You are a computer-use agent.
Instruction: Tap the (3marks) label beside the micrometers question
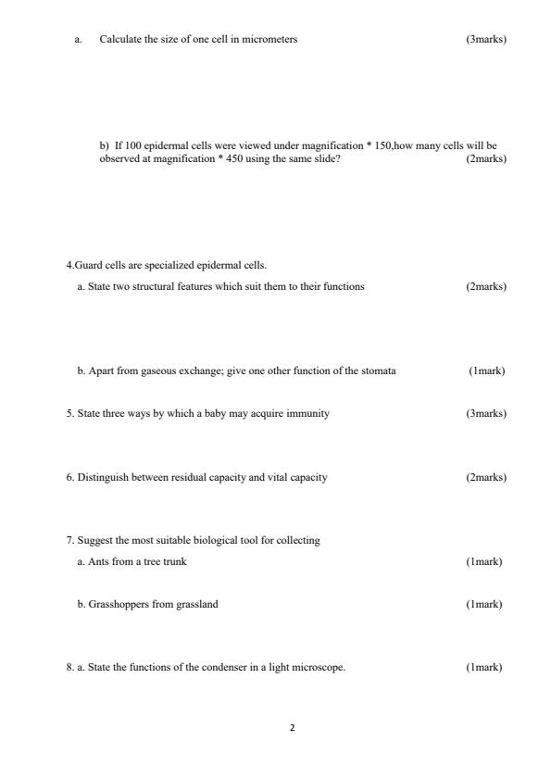486,39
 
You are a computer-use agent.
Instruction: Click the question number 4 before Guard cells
69,266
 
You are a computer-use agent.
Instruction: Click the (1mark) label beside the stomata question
486,371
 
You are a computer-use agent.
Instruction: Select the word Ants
98,561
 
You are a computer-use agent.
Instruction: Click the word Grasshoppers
117,604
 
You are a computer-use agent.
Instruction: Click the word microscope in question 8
320,667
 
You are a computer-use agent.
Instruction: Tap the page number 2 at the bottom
293,728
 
